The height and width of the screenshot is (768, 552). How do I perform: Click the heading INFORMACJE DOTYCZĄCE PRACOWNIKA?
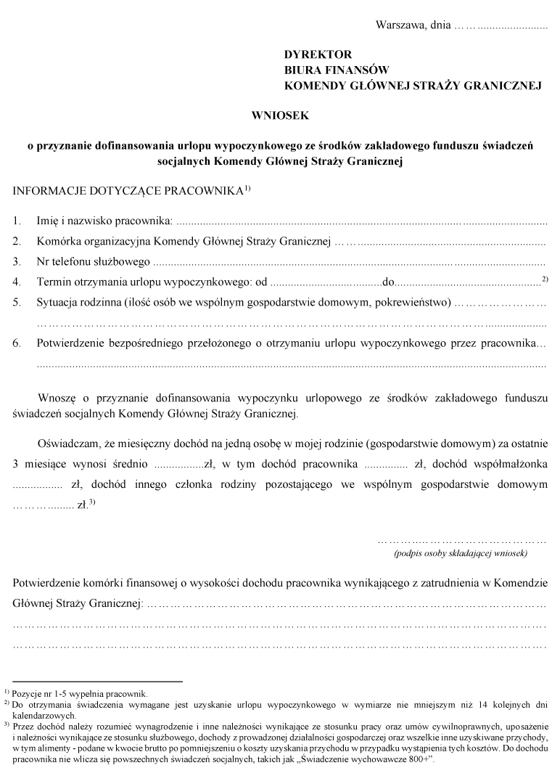click(127, 193)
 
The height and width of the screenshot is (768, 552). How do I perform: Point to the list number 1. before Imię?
click(17, 219)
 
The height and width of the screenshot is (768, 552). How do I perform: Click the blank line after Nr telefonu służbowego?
click(349, 261)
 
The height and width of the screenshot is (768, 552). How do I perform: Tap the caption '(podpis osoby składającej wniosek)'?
click(461, 553)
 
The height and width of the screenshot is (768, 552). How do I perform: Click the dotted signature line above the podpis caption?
click(461, 540)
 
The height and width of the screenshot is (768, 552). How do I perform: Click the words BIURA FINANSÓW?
click(337, 70)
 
